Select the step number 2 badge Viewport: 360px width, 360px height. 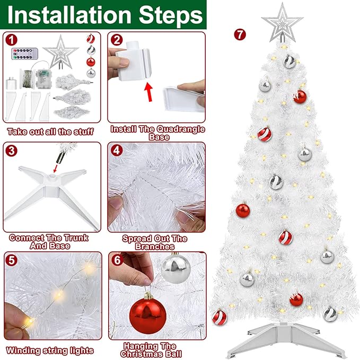click(x=117, y=40)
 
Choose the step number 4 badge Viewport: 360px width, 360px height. click(x=117, y=150)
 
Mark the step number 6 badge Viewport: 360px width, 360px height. click(x=117, y=260)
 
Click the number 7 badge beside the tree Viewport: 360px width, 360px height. click(x=240, y=35)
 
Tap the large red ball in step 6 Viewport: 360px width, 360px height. click(x=147, y=316)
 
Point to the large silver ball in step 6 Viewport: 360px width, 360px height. click(x=175, y=268)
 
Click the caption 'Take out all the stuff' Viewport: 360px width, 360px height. click(x=50, y=131)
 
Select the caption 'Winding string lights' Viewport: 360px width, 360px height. click(x=50, y=350)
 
